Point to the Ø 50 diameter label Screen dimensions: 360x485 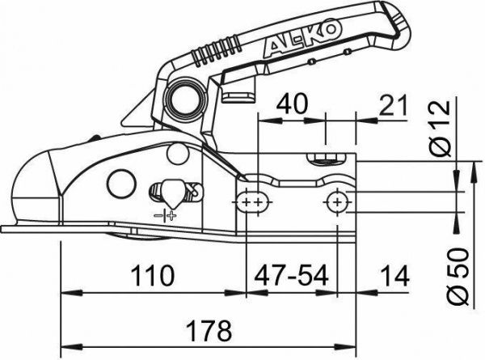462,275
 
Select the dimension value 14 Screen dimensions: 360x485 394,276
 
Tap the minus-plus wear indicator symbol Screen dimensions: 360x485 165,215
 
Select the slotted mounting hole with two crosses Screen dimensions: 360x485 252,200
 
